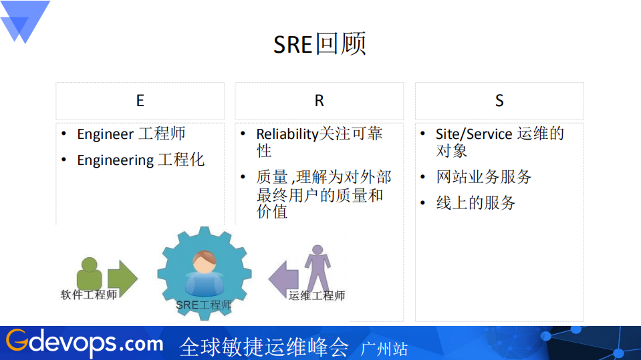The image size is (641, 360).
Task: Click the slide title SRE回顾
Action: [x=319, y=44]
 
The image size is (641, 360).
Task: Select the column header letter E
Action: [x=140, y=101]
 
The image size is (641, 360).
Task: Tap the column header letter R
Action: [x=319, y=101]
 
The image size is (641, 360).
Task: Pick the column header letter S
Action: [x=499, y=101]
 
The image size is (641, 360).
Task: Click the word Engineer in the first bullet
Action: [x=106, y=134]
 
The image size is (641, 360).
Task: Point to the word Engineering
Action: [x=115, y=160]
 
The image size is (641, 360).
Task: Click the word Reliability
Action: [x=287, y=134]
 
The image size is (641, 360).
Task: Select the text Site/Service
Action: [x=474, y=134]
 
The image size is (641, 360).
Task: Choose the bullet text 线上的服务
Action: [x=476, y=203]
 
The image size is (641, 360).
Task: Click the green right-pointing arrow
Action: [x=122, y=276]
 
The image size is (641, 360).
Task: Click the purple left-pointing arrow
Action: [x=283, y=277]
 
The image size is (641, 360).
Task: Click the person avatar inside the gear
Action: [x=204, y=272]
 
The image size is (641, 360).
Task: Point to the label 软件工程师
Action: [x=89, y=295]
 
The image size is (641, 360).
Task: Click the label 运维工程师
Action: [x=317, y=295]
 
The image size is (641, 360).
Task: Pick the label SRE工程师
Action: [x=204, y=305]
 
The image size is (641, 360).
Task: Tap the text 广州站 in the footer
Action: [x=384, y=349]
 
